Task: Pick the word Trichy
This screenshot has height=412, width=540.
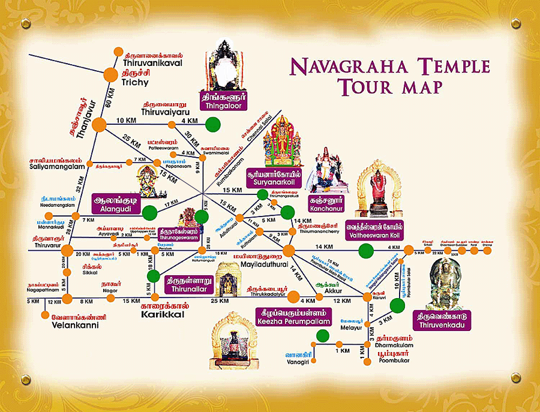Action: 139,83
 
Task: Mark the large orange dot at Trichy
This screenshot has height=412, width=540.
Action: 110,75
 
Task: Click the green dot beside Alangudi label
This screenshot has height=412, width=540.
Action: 149,211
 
